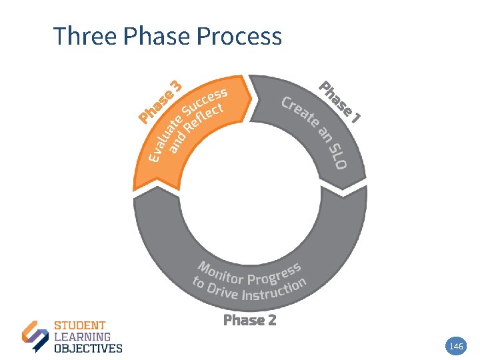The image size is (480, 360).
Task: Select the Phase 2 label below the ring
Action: (x=249, y=320)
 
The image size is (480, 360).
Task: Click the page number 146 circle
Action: (x=457, y=346)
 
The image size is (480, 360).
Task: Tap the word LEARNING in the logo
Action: (x=82, y=337)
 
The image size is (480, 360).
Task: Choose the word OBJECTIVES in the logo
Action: (x=87, y=348)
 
